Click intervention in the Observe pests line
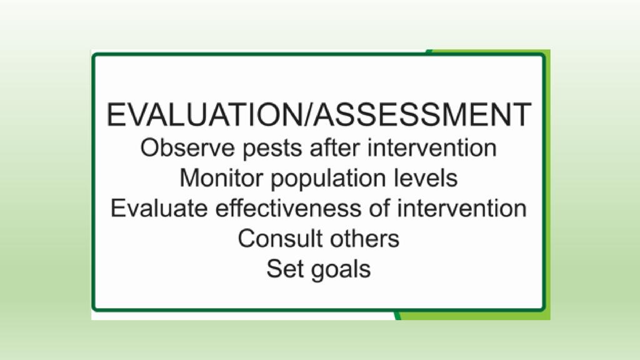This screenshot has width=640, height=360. [432, 147]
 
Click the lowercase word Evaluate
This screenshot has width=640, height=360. [159, 207]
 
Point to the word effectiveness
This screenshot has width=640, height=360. [288, 207]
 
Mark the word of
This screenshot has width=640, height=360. [379, 207]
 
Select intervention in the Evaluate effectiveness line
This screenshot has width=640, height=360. [462, 207]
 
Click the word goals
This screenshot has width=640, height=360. [341, 270]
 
